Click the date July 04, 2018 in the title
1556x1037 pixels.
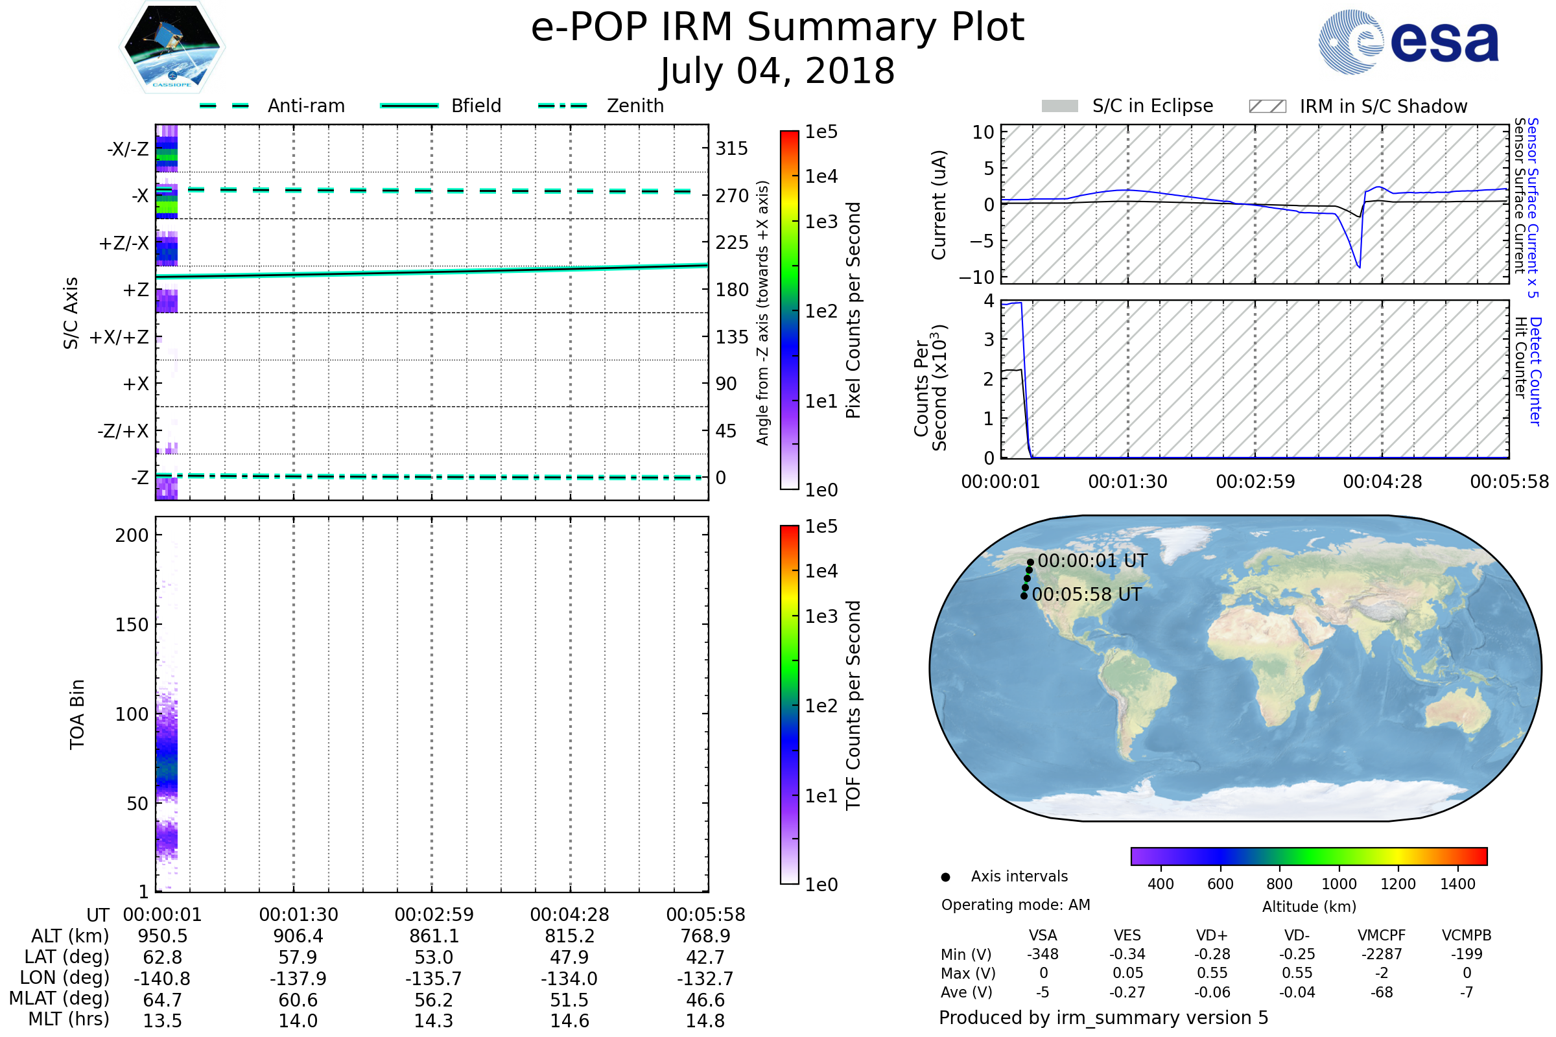(777, 71)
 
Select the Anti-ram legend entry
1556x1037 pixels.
(305, 106)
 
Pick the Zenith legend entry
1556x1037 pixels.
(635, 106)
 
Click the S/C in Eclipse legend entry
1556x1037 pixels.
(1152, 106)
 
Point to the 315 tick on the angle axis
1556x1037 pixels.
(731, 148)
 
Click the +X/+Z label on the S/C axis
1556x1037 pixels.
(119, 337)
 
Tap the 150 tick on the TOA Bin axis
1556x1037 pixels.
(132, 625)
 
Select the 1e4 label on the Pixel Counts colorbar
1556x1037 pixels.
(821, 176)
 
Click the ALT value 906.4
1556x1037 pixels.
(298, 936)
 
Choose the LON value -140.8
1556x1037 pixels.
(162, 978)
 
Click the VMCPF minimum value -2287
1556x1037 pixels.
(1382, 954)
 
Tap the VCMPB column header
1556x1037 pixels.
(1466, 935)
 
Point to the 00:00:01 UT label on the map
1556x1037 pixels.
(1092, 561)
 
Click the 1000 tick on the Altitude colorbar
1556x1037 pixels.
(1338, 884)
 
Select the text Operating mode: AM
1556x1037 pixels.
(1015, 905)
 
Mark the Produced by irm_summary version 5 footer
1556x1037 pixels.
(1103, 1018)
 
